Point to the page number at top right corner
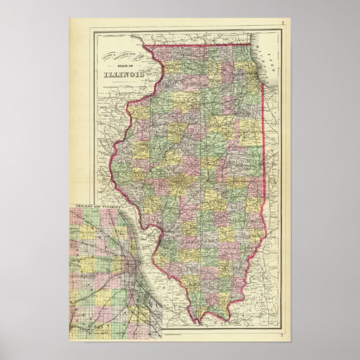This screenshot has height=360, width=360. pos(283,22)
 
